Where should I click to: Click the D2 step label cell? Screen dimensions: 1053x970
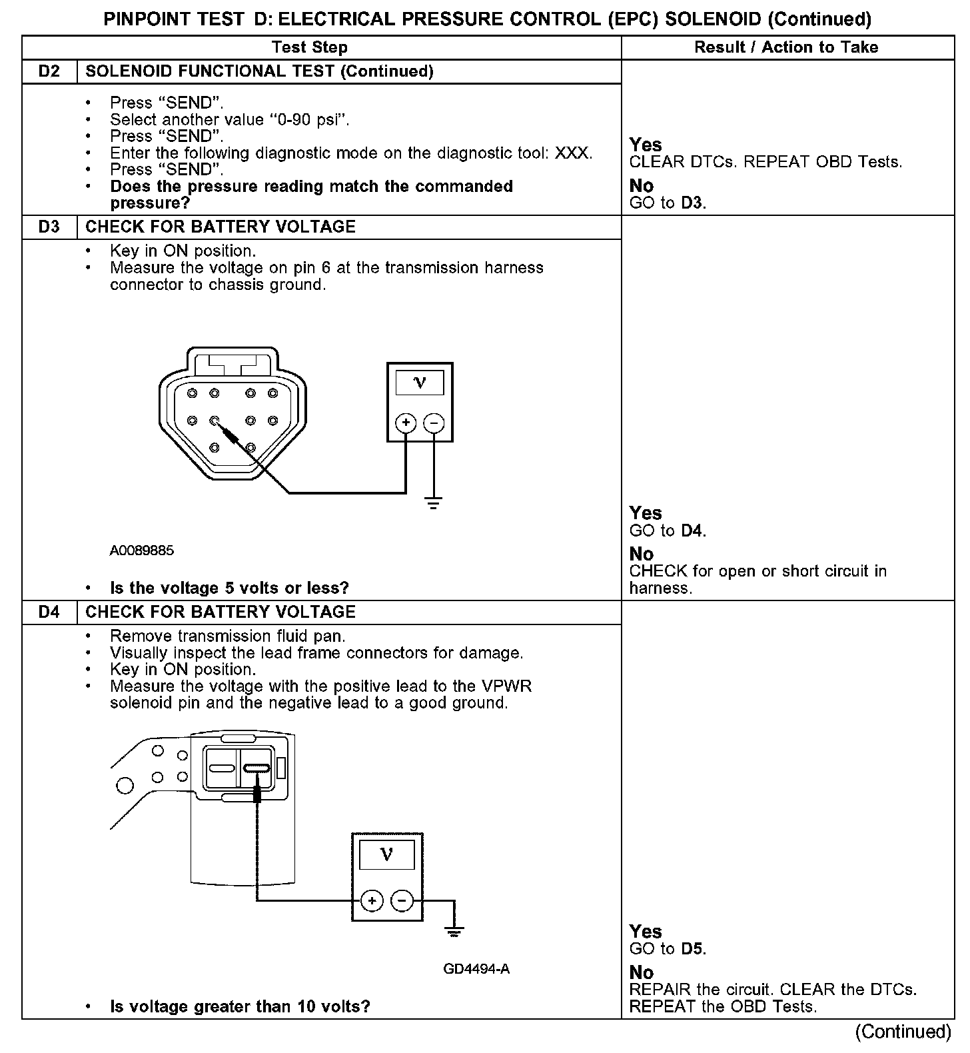pos(49,71)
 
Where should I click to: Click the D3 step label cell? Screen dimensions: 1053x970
pos(49,227)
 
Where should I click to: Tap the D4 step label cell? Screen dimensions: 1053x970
pos(49,612)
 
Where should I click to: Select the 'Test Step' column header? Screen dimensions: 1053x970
pos(310,47)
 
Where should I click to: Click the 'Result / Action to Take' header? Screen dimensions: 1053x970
pos(786,47)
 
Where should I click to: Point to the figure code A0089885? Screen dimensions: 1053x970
pos(142,550)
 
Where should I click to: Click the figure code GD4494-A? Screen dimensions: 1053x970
pos(476,969)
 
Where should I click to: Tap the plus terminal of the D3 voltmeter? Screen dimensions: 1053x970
pos(406,423)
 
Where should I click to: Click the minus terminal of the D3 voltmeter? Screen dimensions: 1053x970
pos(434,423)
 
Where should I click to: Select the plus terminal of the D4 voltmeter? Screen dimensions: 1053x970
pos(371,901)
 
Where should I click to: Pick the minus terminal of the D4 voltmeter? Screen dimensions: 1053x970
pos(402,901)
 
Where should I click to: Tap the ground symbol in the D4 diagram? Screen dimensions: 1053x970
pos(454,931)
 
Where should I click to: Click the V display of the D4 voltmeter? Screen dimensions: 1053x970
pos(386,854)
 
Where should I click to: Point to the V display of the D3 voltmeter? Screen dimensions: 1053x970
pos(420,383)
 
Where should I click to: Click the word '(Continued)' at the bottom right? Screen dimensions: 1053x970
pos(903,1032)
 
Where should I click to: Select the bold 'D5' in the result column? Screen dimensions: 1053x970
pos(693,948)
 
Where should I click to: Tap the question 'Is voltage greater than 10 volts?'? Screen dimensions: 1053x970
pos(240,1006)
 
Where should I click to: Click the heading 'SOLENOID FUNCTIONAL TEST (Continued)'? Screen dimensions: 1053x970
pos(260,71)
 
